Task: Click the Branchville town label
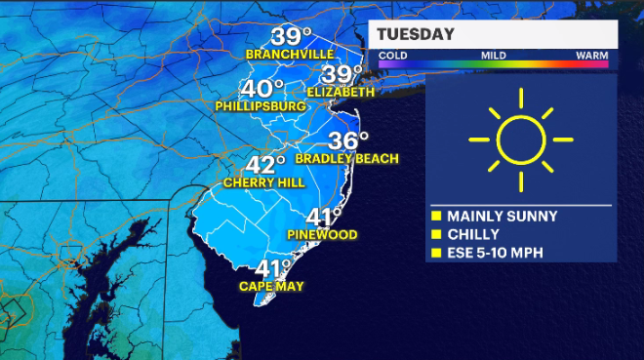pyautogui.click(x=290, y=54)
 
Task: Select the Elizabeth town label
pyautogui.click(x=341, y=92)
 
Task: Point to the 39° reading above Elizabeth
pyautogui.click(x=342, y=74)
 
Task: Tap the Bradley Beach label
pyautogui.click(x=333, y=158)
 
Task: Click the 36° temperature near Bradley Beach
pyautogui.click(x=348, y=140)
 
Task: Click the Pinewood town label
pyautogui.click(x=322, y=235)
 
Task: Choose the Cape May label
pyautogui.click(x=271, y=287)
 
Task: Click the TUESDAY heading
pyautogui.click(x=417, y=35)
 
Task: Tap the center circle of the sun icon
pyautogui.click(x=519, y=140)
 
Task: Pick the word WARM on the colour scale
pyautogui.click(x=592, y=56)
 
